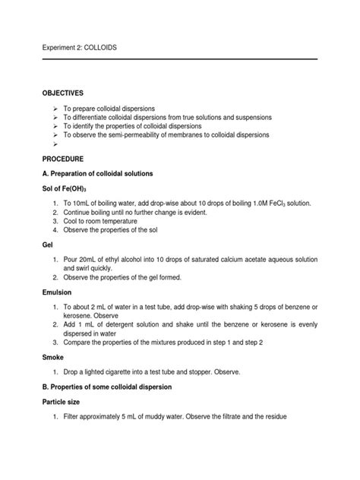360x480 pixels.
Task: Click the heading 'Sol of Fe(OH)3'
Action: coord(69,188)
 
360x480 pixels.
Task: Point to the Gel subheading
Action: coord(48,247)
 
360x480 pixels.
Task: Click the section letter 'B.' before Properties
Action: coord(46,387)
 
